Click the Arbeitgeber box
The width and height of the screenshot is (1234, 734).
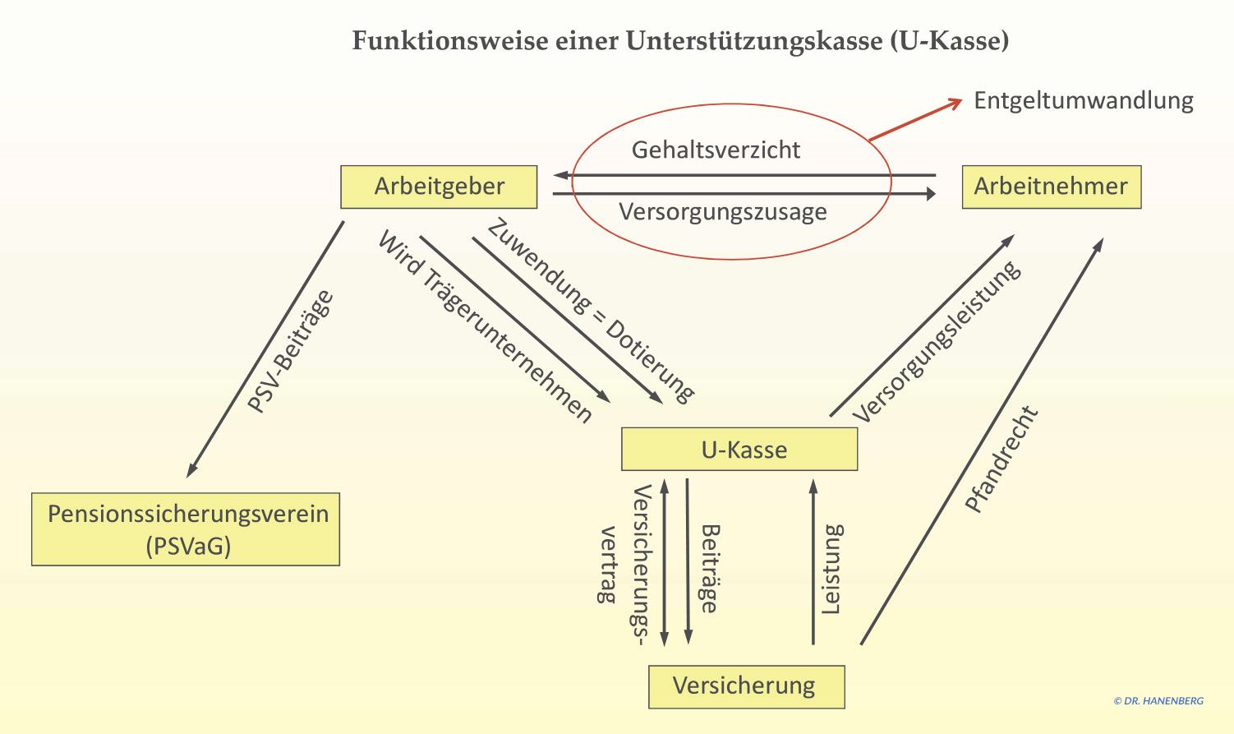(439, 187)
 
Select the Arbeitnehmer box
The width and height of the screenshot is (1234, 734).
(1051, 187)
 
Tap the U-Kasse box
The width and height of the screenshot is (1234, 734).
(739, 450)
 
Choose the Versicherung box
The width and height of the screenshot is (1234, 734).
(746, 686)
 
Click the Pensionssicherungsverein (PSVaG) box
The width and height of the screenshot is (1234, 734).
(186, 529)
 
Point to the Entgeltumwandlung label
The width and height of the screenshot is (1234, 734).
(1083, 100)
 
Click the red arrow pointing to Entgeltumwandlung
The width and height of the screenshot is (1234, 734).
(915, 120)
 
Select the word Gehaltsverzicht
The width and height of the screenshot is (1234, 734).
(715, 150)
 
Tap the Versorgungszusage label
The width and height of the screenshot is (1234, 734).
(722, 212)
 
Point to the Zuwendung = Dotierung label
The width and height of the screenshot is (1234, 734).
(591, 311)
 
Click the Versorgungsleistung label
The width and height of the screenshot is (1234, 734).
(937, 341)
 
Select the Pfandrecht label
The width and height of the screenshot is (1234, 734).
(1001, 459)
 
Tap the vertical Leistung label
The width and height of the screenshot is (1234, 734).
(832, 569)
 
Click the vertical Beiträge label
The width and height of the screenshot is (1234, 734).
(709, 569)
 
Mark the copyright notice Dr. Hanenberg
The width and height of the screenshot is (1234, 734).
(1158, 701)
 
